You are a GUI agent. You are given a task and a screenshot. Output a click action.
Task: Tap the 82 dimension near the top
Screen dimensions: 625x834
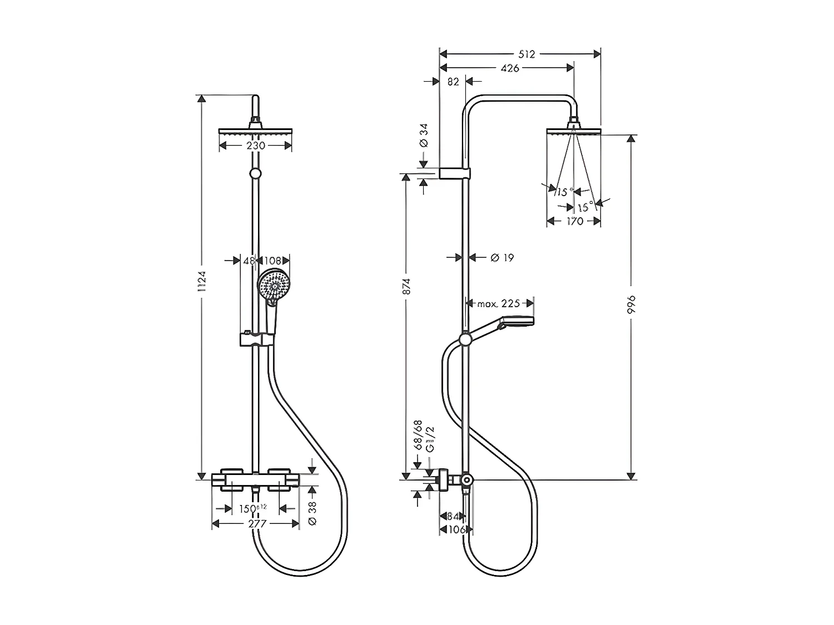point(453,82)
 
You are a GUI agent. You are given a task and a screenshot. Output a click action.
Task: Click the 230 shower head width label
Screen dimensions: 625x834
point(255,146)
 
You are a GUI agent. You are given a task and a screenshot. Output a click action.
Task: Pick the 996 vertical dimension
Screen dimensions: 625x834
point(631,306)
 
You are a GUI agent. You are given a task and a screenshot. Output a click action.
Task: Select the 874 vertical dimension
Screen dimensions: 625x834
point(406,286)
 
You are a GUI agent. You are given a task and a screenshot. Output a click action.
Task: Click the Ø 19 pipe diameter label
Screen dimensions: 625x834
point(502,257)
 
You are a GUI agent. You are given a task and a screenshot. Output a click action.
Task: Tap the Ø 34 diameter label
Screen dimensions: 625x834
point(424,135)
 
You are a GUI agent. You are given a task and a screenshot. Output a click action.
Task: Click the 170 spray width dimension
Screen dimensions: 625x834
point(574,221)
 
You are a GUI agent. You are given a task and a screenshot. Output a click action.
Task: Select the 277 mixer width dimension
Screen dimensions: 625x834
point(256,523)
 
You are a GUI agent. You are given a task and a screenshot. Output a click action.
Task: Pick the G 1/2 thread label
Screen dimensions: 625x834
point(429,440)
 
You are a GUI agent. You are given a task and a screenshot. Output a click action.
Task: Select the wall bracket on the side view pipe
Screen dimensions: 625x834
point(455,173)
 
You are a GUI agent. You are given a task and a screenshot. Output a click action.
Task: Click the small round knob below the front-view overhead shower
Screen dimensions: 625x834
point(255,174)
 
